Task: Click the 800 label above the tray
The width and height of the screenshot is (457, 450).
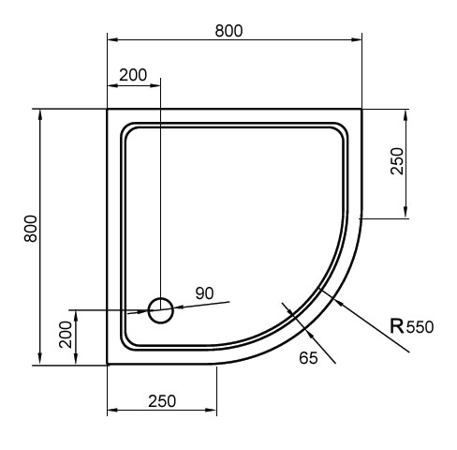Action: tap(228, 31)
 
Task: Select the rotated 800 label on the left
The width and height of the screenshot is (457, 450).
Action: tap(31, 229)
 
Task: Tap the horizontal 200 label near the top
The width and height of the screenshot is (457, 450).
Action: tap(133, 75)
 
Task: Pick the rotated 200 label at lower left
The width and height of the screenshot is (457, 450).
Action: tap(66, 335)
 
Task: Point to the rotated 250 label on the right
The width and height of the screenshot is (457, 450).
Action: tap(397, 161)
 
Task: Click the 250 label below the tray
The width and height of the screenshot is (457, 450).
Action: tap(162, 401)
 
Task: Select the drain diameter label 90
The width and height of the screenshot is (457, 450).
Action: tap(204, 293)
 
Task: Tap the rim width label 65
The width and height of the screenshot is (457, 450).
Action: tap(308, 358)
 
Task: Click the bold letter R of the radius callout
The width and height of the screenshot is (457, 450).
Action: tap(397, 325)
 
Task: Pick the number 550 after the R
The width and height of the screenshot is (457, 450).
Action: tap(420, 327)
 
